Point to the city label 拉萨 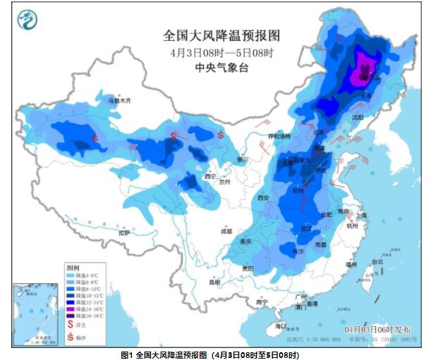(125, 232)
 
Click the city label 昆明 (214, 281)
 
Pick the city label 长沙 (298, 251)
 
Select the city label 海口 (281, 325)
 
